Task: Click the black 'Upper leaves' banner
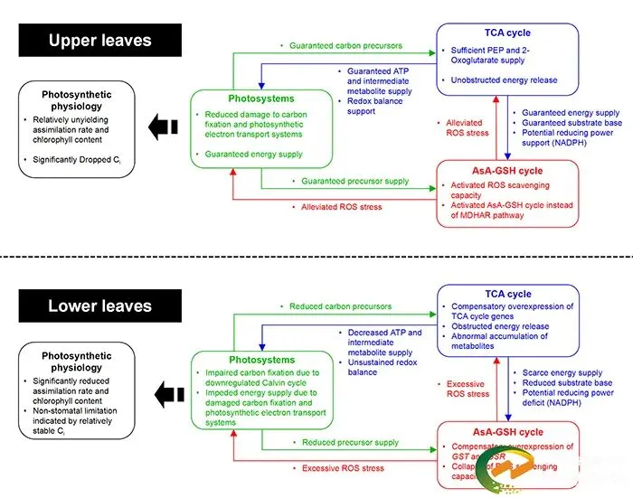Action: [99, 41]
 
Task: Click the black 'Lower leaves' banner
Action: [99, 306]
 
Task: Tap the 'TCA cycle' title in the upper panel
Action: [506, 33]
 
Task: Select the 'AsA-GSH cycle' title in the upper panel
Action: [506, 171]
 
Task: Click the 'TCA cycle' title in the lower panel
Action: [506, 294]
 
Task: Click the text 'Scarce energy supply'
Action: [562, 372]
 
